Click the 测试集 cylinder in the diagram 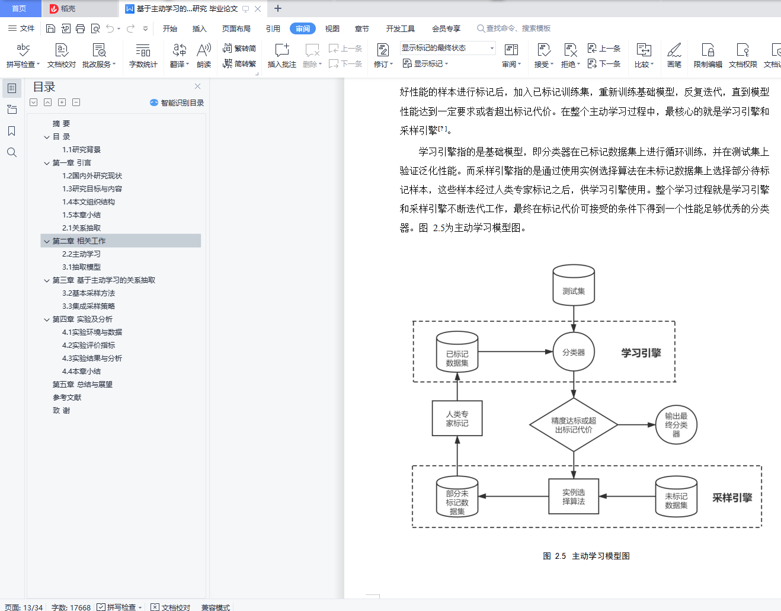(x=574, y=286)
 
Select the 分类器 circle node (x=574, y=352)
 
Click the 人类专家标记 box (x=457, y=418)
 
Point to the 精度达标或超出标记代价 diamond (x=574, y=425)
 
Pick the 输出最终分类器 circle (x=676, y=425)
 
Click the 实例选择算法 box (x=574, y=497)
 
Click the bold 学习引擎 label (x=641, y=353)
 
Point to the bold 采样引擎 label (x=732, y=498)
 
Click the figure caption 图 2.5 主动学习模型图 (x=586, y=556)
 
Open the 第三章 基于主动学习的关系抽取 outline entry (x=104, y=280)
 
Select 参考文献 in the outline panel (x=67, y=398)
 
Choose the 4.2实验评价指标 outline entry (x=89, y=346)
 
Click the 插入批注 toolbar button (x=281, y=55)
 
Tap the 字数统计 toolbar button (x=143, y=55)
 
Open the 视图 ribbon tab (x=332, y=28)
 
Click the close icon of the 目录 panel (x=198, y=87)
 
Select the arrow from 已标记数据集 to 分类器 (x=515, y=352)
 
